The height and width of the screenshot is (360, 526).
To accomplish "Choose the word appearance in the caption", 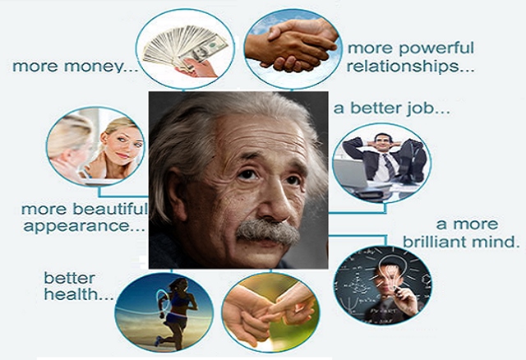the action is tap(77, 227).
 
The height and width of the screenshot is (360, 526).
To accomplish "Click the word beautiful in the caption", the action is tap(109, 209).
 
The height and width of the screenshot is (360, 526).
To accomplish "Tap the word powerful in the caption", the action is tap(436, 48).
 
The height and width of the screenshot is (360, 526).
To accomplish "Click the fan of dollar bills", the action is tap(184, 46).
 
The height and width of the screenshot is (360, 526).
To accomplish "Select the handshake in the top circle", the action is tap(293, 44).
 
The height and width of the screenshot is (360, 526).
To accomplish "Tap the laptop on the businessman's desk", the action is tap(351, 173).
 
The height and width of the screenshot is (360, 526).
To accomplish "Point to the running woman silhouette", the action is tap(175, 312).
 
